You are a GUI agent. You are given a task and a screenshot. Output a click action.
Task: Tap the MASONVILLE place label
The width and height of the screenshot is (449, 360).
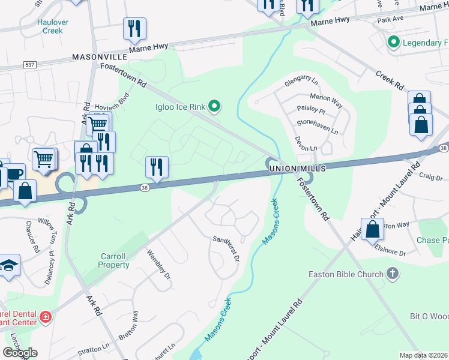[99, 56]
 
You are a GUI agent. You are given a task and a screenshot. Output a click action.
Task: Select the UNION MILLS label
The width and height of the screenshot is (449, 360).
[297, 169]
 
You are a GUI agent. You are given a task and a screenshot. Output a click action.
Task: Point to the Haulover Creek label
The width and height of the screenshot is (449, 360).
[53, 26]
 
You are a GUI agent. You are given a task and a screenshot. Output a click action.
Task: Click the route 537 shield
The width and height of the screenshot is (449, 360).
[28, 64]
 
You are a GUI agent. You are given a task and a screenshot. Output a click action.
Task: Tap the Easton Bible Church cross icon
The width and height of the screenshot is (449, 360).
[393, 274]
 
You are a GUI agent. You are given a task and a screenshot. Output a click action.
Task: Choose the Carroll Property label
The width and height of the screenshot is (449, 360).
[113, 260]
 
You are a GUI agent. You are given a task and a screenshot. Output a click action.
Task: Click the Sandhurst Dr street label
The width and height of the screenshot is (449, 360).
[226, 248]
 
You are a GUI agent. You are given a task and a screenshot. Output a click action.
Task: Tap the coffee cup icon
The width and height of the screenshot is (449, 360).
[15, 173]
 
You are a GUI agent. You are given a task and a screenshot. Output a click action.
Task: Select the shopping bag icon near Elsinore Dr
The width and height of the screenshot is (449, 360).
[373, 229]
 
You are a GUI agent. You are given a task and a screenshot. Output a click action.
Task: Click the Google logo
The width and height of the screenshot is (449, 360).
[20, 353]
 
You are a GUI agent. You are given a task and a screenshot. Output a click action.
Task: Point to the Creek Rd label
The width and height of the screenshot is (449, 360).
[390, 80]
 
